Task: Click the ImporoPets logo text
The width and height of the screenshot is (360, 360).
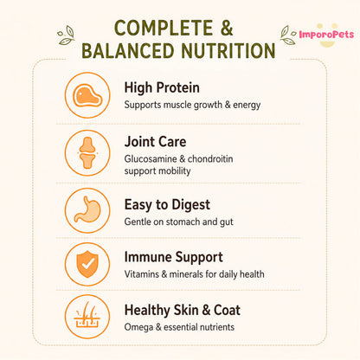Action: click(326, 35)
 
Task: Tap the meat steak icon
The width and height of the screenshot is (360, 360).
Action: click(87, 95)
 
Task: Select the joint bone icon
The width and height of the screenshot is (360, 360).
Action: click(87, 153)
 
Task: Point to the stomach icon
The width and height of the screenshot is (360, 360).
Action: click(87, 209)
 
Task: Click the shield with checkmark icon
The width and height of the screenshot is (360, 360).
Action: click(87, 264)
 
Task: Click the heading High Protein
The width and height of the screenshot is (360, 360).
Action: click(162, 87)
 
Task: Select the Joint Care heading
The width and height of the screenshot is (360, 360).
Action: click(155, 142)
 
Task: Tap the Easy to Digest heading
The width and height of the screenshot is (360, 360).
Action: click(167, 205)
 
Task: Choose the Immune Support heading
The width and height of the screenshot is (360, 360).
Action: click(173, 257)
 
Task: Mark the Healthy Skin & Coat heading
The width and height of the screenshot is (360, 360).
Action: click(183, 310)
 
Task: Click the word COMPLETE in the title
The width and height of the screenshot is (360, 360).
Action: click(164, 28)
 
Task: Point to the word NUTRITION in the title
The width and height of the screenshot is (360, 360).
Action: click(228, 51)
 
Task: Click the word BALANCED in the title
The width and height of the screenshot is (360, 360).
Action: click(128, 51)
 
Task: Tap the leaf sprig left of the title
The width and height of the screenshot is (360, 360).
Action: click(66, 35)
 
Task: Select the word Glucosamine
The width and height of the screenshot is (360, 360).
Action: click(151, 158)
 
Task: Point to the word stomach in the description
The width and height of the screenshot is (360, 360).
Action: click(183, 222)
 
